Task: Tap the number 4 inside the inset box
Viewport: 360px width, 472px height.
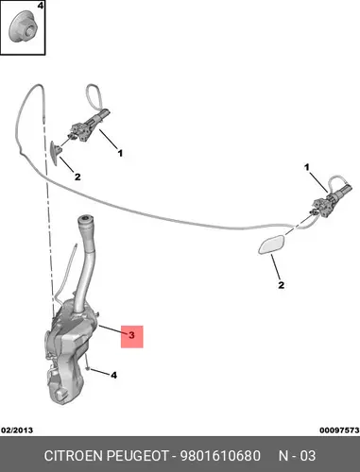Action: [41, 6]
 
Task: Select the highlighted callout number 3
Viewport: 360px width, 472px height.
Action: [131, 335]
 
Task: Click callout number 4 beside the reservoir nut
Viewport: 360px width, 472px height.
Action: [113, 375]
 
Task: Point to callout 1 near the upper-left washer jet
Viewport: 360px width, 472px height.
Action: [120, 154]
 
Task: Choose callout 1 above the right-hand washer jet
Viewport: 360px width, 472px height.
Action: [307, 167]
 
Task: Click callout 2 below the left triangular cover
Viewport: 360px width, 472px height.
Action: [77, 177]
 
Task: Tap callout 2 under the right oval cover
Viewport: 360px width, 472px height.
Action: [281, 285]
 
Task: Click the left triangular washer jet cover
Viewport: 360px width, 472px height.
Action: [56, 153]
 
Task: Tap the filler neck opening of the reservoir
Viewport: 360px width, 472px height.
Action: [85, 219]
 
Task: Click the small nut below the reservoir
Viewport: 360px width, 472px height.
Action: [88, 368]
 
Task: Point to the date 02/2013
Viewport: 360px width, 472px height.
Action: [17, 430]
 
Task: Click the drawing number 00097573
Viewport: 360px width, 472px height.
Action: [339, 430]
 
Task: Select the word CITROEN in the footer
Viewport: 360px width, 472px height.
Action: [74, 456]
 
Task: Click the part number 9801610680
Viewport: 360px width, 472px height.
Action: [220, 456]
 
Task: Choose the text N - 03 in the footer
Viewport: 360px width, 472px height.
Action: [297, 456]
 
